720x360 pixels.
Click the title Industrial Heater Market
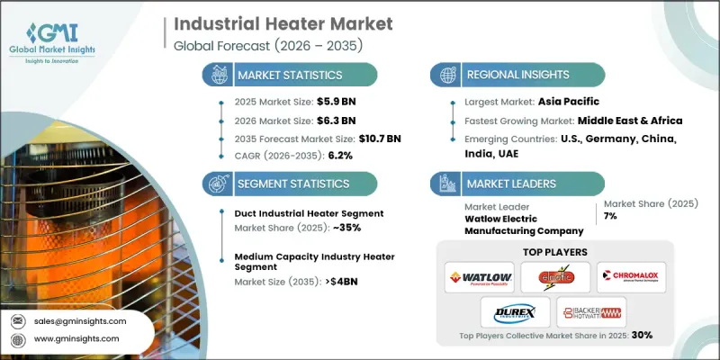pyautogui.click(x=264, y=22)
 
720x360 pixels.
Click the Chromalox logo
pyautogui.click(x=631, y=275)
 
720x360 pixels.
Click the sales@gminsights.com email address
pyautogui.click(x=81, y=320)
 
